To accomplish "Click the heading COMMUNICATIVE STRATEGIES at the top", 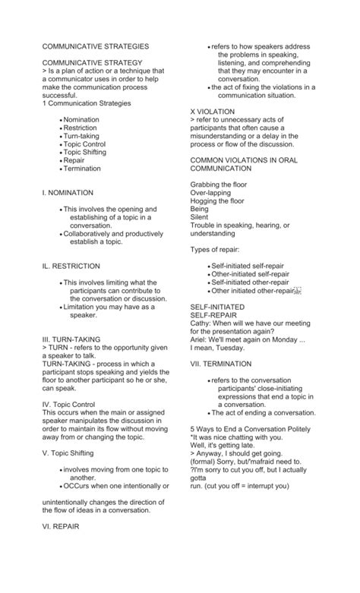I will (96, 47).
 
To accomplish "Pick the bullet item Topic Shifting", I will (85, 152).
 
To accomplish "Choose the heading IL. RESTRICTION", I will (71, 266).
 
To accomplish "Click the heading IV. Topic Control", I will (68, 405).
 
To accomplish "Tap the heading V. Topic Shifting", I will (71, 453).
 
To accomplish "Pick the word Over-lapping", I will (210, 193).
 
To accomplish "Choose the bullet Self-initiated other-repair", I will (250, 282).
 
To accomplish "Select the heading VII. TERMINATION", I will (221, 363).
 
